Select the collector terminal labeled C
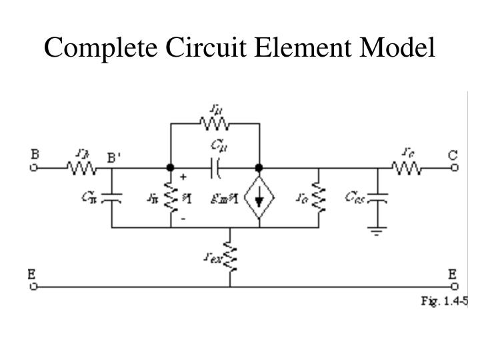coord(454,168)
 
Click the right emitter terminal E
coord(454,287)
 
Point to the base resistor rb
coord(81,168)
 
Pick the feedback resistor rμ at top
coord(215,123)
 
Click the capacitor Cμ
coord(215,168)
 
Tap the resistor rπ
coord(171,197)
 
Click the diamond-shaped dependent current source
coord(259,198)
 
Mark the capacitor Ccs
coord(379,198)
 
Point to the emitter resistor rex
coord(230,257)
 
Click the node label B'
coord(115,158)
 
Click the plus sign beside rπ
coord(183,179)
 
